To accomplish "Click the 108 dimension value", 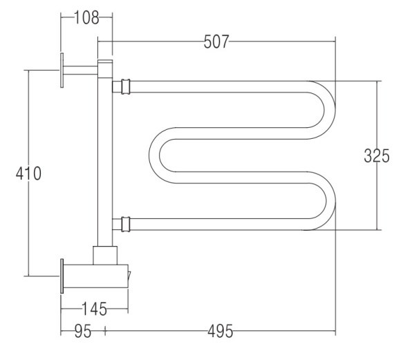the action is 86,18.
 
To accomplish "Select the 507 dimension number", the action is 216,41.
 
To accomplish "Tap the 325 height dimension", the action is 377,155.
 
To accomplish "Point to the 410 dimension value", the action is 28,173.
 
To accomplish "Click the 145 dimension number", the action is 94,309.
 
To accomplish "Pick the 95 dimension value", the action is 83,331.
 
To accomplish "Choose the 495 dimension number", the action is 220,331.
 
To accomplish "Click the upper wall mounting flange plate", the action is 62,70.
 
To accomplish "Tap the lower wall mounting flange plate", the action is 62,276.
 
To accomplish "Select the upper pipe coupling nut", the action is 126,86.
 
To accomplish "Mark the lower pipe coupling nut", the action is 126,225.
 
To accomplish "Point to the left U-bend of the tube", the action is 154,155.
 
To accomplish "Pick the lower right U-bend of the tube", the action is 330,201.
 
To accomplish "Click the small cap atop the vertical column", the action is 105,61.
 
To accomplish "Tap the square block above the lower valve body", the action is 105,256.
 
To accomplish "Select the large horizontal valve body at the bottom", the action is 96,276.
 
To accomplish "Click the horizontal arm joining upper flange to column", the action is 81,70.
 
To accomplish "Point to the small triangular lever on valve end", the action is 129,276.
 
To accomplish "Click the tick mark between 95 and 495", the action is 105,331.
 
